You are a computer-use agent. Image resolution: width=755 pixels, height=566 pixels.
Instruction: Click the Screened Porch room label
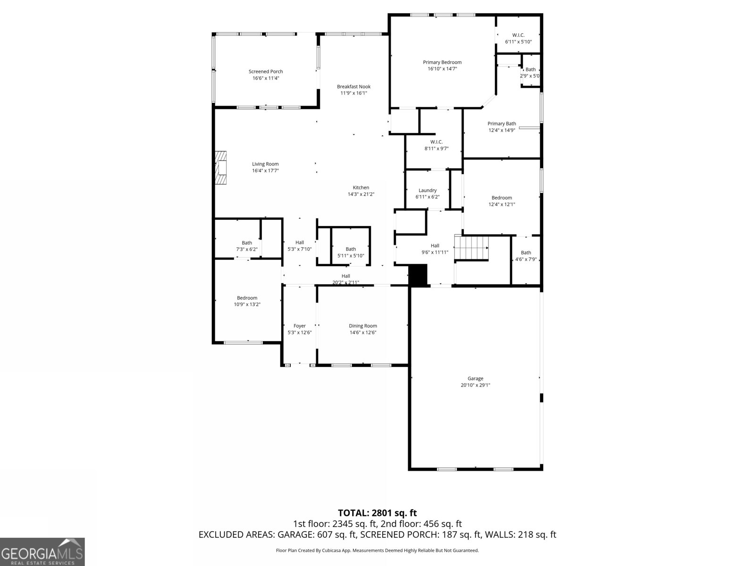coord(266,72)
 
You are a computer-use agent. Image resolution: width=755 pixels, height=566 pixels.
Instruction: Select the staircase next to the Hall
coord(471,248)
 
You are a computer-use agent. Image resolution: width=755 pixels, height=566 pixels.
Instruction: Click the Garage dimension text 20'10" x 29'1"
coord(475,385)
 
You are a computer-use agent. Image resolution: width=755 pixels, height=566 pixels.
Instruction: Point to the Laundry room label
coord(428,191)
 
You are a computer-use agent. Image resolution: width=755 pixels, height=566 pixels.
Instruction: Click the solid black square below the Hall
coord(418,275)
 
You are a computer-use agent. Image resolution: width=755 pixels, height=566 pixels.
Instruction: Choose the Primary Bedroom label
coord(442,62)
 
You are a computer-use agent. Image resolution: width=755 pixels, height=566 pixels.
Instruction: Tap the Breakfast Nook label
coord(353,87)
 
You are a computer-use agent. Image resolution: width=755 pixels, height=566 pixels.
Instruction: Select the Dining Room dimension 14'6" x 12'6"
coord(363,333)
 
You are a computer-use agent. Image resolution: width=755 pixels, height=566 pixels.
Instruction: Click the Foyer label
coord(300,326)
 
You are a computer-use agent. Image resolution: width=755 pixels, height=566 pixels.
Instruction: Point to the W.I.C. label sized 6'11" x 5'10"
coord(518,35)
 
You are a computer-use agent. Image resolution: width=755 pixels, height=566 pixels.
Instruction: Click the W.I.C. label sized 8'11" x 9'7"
coord(436,142)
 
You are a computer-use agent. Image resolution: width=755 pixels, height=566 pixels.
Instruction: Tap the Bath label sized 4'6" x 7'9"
coord(526,253)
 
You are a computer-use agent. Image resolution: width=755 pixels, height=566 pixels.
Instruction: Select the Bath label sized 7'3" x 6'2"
coord(247,243)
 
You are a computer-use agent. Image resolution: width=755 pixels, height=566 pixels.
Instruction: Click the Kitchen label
coord(361,188)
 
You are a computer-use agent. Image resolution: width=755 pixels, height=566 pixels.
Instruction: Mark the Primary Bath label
coord(502,124)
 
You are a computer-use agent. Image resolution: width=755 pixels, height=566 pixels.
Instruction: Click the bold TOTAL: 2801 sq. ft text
coord(377,513)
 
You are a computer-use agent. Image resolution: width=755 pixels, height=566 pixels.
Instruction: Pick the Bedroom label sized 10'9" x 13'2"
coord(247,298)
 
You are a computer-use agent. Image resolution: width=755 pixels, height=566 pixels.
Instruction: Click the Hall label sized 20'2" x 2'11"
coord(346,276)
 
